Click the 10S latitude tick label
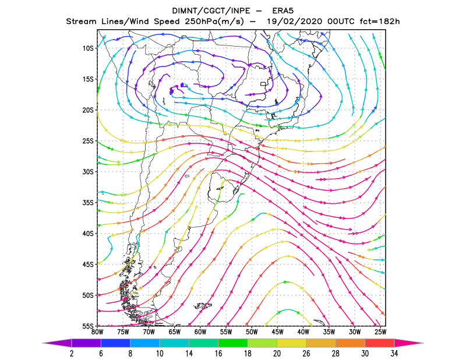coord(88,48)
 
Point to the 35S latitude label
coord(88,203)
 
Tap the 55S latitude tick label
coord(88,326)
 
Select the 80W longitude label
coord(97,332)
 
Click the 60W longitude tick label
coord(200,332)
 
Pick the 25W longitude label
coord(380,332)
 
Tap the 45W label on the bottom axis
coord(278,332)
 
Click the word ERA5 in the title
coord(283,11)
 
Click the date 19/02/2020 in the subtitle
coord(295,22)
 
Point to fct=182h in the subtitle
coord(380,22)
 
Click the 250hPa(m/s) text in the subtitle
coord(214,22)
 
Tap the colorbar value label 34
coord(394,353)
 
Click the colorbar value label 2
coord(72,353)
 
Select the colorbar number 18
coord(248,353)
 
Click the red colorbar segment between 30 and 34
coord(380,343)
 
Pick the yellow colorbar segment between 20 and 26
coord(292,343)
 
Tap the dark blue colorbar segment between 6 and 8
coord(115,343)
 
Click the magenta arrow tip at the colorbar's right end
coord(423,343)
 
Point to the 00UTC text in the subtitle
coord(341,22)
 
